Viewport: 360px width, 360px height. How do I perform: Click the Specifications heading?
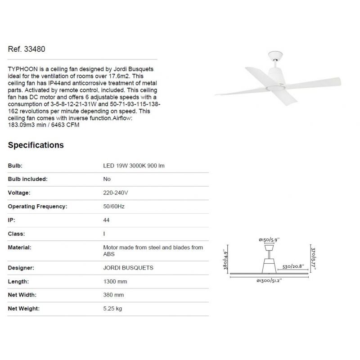(36, 145)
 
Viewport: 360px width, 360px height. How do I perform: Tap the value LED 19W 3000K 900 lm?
(134, 166)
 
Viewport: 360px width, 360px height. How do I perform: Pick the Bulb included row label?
(28, 179)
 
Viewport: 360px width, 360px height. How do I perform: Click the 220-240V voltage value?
(115, 193)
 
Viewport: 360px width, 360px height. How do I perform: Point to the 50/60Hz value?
(113, 207)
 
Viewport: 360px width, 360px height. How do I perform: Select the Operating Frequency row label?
(38, 207)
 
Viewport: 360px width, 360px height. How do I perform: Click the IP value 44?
(107, 220)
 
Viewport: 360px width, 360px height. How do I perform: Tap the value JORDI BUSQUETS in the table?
(128, 268)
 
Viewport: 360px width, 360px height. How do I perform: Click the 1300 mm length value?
(115, 282)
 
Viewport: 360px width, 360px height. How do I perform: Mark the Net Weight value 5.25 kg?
(112, 309)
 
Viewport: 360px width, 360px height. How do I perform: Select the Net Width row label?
(22, 295)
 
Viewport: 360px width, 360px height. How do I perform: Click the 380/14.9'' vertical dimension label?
(225, 259)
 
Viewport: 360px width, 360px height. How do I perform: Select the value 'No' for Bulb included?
(107, 179)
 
